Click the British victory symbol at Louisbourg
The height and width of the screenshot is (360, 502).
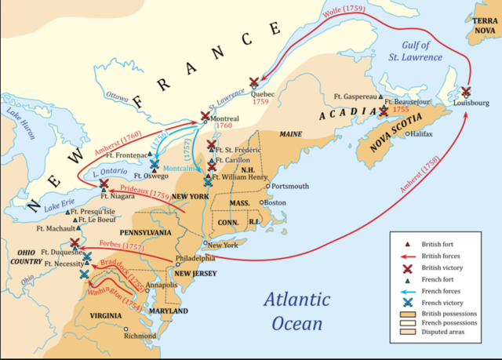pyautogui.click(x=467, y=92)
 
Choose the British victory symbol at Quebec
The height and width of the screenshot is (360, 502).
pyautogui.click(x=254, y=82)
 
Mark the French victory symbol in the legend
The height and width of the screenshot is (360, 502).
pyautogui.click(x=406, y=302)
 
